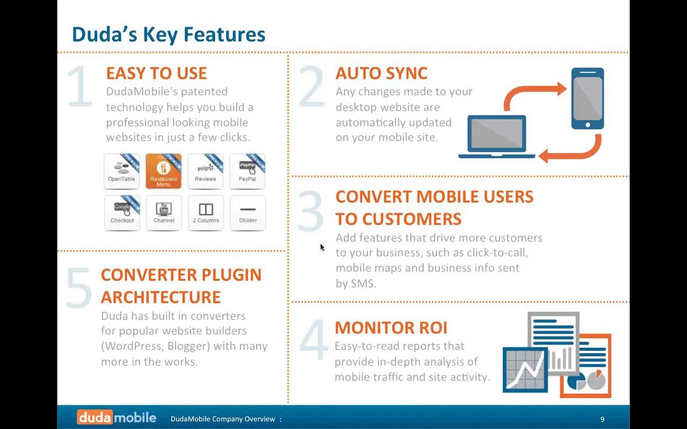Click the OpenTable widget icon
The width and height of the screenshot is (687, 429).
tap(122, 171)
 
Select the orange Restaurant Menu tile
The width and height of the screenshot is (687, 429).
tap(164, 171)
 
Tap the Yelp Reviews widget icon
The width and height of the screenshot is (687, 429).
tap(206, 171)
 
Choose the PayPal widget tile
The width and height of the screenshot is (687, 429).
tap(247, 171)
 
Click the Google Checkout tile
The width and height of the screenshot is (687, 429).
tap(122, 213)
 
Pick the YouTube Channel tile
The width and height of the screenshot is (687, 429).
tap(164, 213)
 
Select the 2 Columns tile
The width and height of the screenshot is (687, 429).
tap(206, 213)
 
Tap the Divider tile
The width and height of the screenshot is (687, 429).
tap(247, 213)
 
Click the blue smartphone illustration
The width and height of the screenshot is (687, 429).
tap(587, 99)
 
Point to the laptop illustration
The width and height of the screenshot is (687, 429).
tap(496, 137)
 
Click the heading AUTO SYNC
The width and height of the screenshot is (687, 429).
tap(382, 73)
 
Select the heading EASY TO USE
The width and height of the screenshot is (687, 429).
tap(156, 73)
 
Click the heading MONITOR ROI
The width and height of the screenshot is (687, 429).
tap(391, 328)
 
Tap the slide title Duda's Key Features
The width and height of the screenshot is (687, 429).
tap(169, 35)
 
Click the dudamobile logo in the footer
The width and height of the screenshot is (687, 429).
tap(116, 417)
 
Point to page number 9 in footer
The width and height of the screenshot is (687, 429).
tap(602, 419)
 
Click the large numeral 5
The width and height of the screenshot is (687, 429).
tap(79, 288)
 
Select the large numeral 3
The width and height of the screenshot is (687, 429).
tap(310, 210)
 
